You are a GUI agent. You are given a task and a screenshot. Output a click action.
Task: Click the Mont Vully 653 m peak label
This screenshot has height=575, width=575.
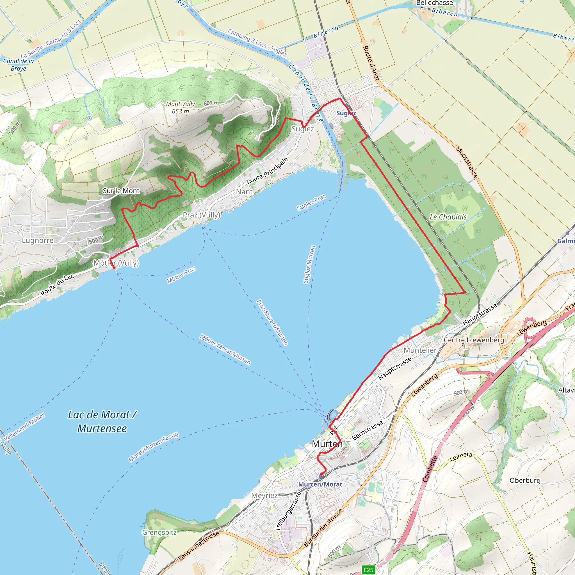pos(180,108)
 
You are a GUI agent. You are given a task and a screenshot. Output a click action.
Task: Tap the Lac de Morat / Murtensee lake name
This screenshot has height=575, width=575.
pos(102,421)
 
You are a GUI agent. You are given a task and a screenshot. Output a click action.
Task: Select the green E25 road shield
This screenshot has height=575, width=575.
pos(368,570)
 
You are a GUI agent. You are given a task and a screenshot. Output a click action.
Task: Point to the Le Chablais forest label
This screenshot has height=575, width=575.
pos(448,217)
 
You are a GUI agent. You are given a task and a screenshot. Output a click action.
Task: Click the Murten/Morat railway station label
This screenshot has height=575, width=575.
pos(320,484)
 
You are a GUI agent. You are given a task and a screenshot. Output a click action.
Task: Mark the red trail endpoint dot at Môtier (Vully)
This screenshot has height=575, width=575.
pos(114,268)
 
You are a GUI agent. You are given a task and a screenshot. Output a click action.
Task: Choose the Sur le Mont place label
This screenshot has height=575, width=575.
pos(121,191)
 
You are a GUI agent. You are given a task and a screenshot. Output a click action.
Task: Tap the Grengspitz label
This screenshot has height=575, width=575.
pos(159,532)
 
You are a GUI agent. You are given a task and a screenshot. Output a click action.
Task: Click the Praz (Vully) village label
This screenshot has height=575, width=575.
pos(202,215)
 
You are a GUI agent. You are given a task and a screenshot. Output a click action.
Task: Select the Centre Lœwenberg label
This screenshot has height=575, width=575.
pos(474,340)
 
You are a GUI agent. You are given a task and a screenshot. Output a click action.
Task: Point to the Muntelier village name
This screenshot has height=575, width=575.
pos(420,350)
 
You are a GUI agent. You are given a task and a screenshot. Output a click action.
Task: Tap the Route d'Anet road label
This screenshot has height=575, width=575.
pos(371,63)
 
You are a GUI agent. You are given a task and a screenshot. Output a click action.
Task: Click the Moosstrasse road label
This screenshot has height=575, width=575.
pos(467,163)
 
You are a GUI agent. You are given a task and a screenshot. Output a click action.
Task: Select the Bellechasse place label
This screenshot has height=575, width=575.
pos(434,3)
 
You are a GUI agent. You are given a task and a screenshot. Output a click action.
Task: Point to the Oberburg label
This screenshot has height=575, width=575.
pos(525,480)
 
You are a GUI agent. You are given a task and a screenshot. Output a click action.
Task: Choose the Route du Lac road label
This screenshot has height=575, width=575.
pos(57,285)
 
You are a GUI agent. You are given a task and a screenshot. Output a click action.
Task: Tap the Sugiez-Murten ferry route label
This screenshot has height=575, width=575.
pos(309,264)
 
